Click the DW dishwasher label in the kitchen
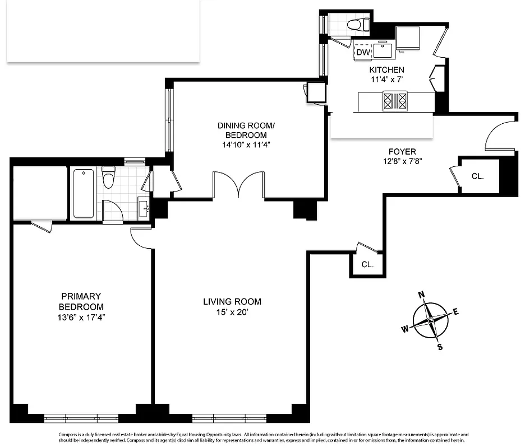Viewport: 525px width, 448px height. (x=363, y=52)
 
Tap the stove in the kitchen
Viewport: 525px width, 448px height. (x=395, y=101)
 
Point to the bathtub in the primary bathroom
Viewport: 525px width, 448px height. (x=83, y=194)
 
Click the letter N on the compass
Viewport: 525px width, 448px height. (x=422, y=295)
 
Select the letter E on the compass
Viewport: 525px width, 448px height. (x=455, y=312)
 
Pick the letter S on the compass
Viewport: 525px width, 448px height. (x=440, y=347)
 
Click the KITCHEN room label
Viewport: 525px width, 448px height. (x=386, y=70)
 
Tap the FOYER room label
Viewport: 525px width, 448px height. (x=402, y=152)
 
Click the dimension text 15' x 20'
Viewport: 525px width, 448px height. (x=232, y=312)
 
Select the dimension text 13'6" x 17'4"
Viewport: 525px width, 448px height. (x=81, y=317)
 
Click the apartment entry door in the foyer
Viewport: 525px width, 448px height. (x=499, y=136)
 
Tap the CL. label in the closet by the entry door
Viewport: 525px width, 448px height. (x=477, y=176)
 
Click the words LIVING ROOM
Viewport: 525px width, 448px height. (x=232, y=302)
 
